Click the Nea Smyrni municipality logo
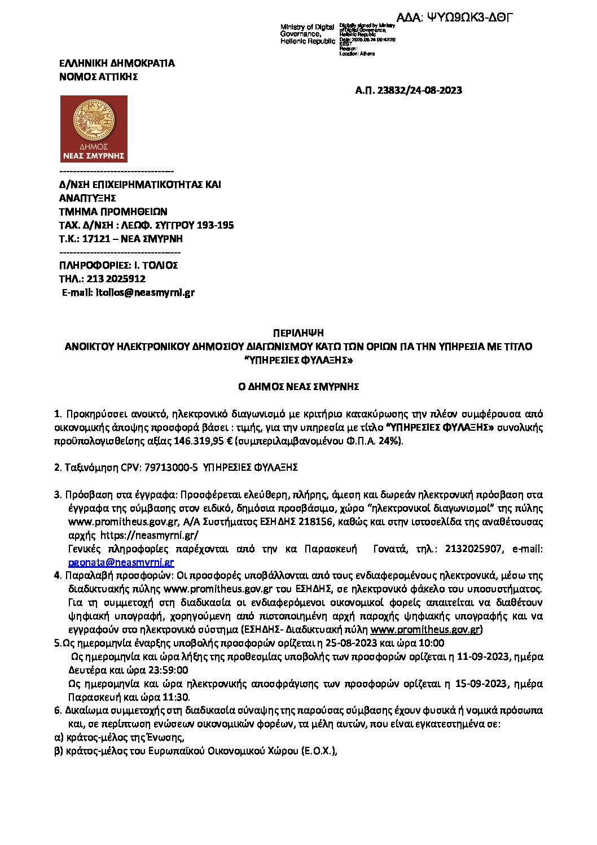click(x=94, y=129)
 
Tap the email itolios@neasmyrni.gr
click(x=145, y=292)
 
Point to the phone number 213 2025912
click(x=116, y=279)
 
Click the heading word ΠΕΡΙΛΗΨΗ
click(x=298, y=333)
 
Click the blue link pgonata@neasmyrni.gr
click(x=121, y=562)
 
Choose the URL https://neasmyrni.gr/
click(x=150, y=535)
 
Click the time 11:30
click(x=175, y=697)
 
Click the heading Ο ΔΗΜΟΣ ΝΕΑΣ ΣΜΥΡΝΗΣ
click(x=298, y=387)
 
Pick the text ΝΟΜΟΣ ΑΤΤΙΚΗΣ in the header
click(x=99, y=77)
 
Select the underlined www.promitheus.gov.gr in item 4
click(x=425, y=629)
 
